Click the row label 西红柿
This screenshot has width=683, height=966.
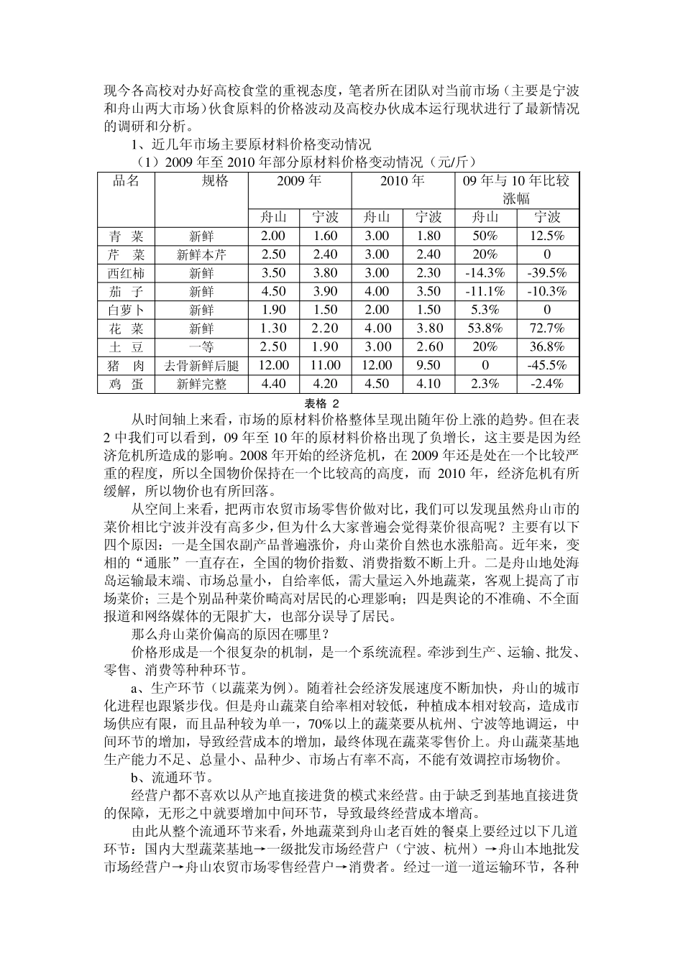126,273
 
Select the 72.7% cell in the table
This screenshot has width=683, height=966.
547,328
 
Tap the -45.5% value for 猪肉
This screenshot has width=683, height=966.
547,365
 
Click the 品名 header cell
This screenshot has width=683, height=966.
126,181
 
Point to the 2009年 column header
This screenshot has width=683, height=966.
299,181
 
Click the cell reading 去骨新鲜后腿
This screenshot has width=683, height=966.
201,365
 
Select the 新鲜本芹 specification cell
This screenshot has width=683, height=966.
201,254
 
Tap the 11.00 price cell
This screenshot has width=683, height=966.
325,365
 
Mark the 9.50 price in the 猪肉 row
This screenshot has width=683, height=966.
428,365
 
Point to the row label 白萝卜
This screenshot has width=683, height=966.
126,310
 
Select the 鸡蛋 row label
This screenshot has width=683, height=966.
126,384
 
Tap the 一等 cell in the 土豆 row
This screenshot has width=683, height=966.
201,347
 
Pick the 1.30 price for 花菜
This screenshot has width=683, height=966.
273,328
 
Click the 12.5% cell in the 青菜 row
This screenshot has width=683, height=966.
547,236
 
